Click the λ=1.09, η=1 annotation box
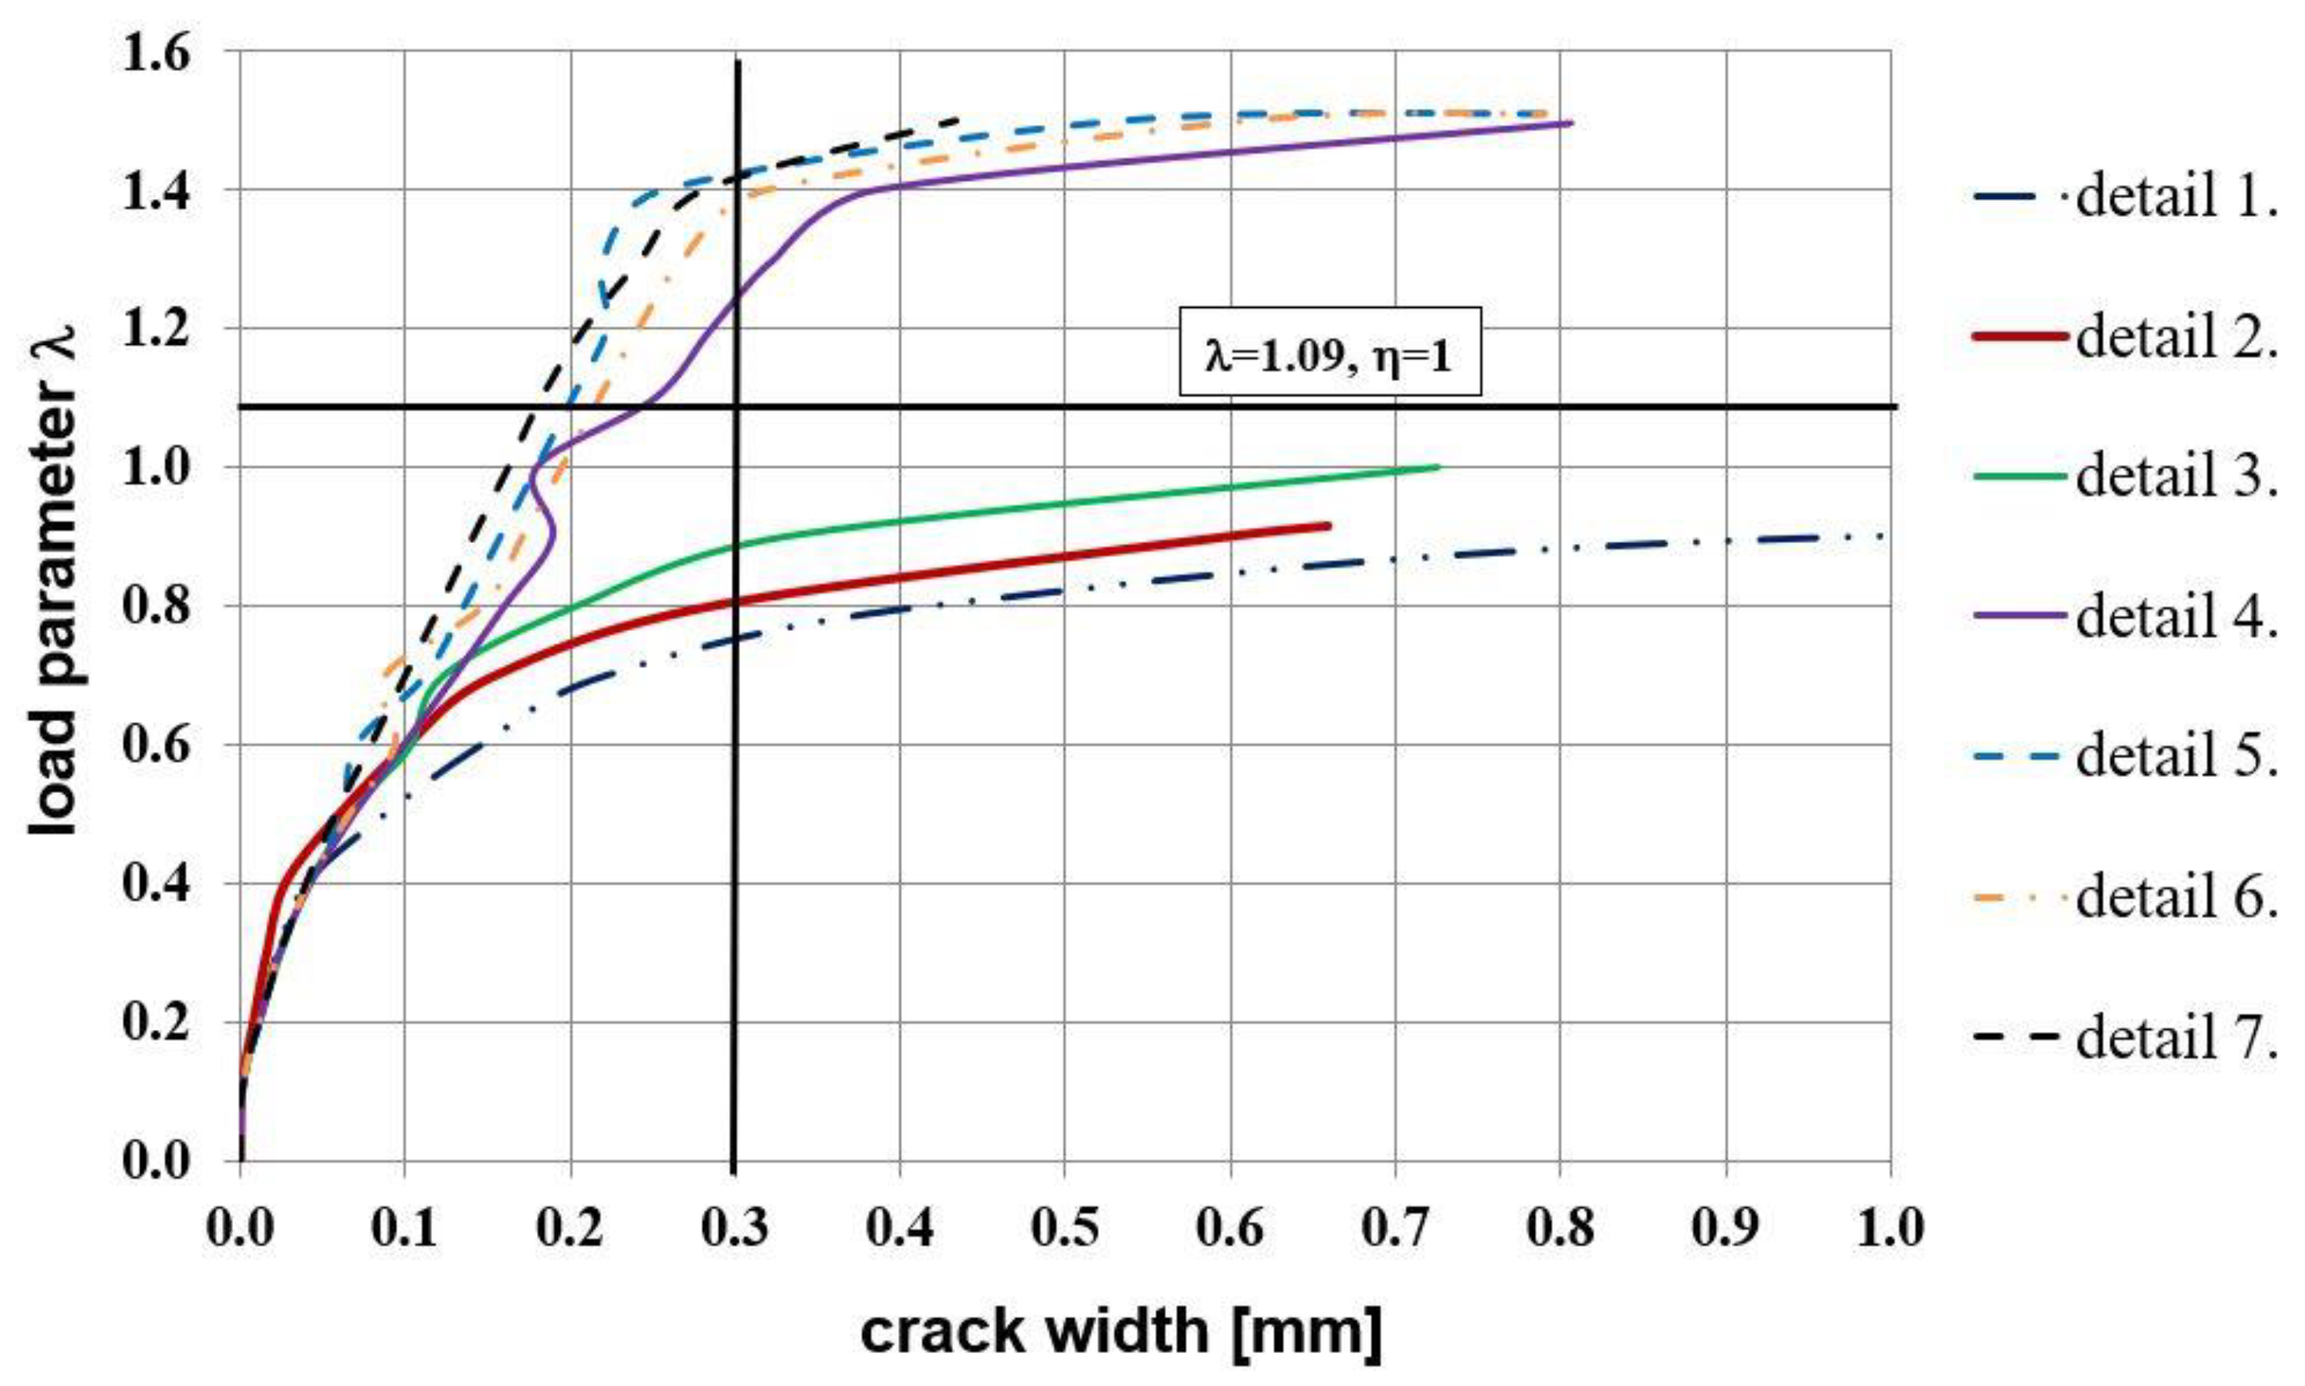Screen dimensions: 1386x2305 [x=1329, y=352]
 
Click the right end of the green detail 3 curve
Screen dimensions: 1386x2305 [x=1439, y=467]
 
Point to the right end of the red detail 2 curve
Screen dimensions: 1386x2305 [x=1328, y=526]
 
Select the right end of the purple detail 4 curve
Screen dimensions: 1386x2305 [x=1571, y=122]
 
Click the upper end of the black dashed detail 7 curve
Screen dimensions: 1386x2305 [x=959, y=118]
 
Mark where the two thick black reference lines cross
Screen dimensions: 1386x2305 [x=735, y=407]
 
